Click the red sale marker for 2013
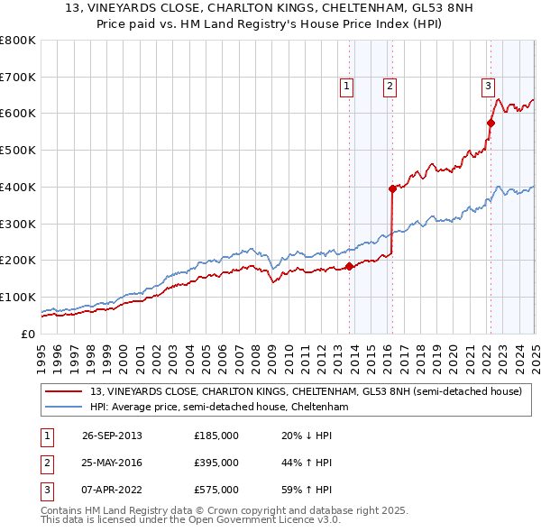349,266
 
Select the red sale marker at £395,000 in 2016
392,188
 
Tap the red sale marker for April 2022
491,123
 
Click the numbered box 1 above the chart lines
346,87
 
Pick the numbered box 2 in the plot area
390,87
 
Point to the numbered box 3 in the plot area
488,87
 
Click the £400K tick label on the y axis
18,187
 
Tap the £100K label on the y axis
18,297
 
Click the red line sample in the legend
64,392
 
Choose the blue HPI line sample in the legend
64,408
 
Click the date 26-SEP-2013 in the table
112,436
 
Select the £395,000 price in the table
216,463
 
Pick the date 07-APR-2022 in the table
112,490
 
